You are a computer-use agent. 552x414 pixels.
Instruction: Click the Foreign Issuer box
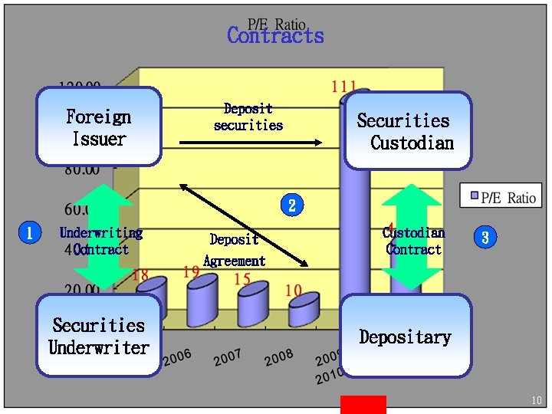[99, 127]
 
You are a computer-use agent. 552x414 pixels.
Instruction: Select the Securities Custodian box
[408, 131]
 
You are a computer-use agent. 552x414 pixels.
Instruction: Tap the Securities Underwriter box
[99, 336]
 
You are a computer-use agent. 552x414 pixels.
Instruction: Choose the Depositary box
[406, 337]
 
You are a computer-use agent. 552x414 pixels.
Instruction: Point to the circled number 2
[291, 205]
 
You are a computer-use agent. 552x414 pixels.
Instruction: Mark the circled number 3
[485, 238]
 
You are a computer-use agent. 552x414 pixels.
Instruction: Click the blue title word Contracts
[275, 36]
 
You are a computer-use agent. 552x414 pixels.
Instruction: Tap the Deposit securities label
[248, 117]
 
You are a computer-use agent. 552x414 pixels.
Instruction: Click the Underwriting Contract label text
[101, 241]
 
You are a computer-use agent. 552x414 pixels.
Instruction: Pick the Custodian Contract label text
[414, 241]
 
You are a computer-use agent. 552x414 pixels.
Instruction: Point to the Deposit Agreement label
[234, 250]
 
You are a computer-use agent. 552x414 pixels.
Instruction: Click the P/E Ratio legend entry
[502, 197]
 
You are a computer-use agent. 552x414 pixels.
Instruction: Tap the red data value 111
[343, 86]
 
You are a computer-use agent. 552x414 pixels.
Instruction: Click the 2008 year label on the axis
[279, 356]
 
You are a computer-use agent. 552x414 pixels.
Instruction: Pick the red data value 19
[192, 271]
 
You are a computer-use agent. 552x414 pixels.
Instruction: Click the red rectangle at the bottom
[363, 404]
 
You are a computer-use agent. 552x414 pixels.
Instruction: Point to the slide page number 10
[536, 400]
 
